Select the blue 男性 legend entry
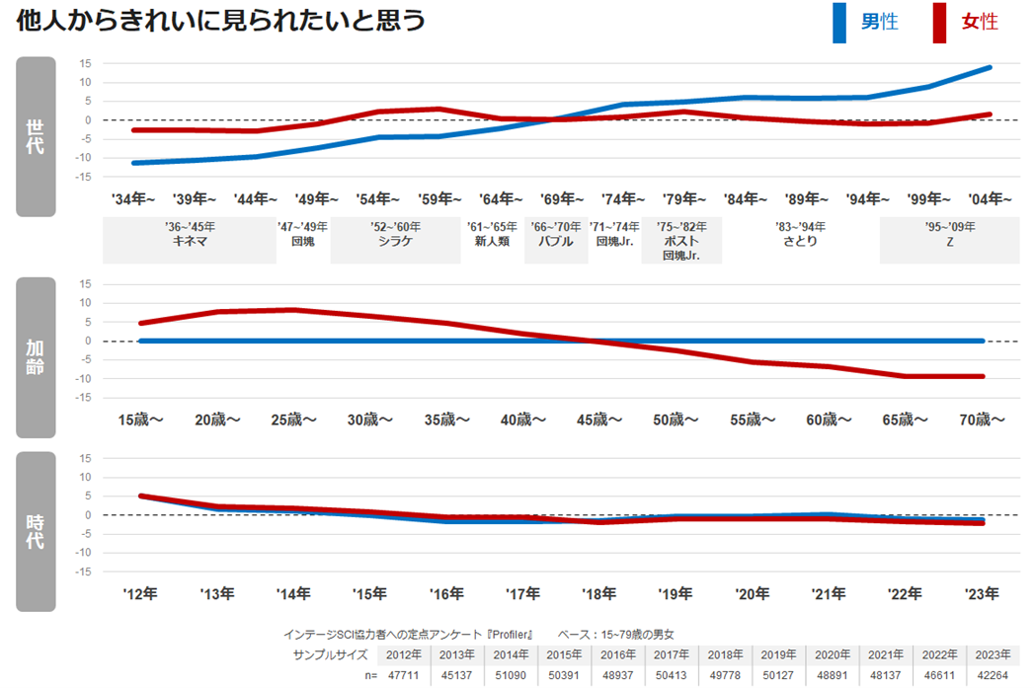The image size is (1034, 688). click(x=866, y=22)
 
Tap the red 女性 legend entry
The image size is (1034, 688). click(x=966, y=22)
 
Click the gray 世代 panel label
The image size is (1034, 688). click(x=36, y=136)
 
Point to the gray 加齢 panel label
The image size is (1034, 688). click(x=36, y=357)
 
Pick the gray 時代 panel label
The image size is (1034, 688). click(x=36, y=531)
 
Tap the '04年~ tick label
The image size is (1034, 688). click(x=988, y=198)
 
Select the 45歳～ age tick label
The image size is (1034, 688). click(x=599, y=420)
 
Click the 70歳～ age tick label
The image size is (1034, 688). click(x=982, y=420)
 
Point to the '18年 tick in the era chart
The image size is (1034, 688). click(x=599, y=593)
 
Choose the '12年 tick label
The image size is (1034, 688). click(x=140, y=593)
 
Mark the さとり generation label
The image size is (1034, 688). click(x=800, y=241)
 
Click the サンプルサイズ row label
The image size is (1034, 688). click(x=330, y=654)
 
